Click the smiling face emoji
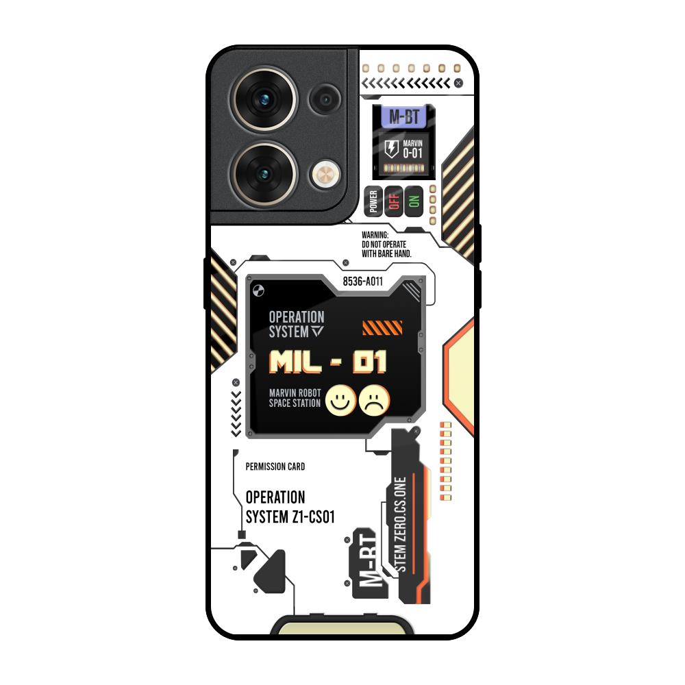click(340, 400)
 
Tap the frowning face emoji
click(375, 400)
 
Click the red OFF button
click(394, 201)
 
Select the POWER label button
click(373, 201)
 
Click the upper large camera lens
click(264, 99)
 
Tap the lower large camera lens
click(264, 175)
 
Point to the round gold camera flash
click(325, 175)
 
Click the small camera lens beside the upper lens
click(325, 99)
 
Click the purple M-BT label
click(404, 116)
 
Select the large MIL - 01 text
click(327, 362)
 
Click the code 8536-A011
click(362, 282)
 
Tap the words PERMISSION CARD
click(275, 466)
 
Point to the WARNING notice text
click(386, 245)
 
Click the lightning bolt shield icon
click(391, 149)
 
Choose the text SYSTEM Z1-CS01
click(290, 516)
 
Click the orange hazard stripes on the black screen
click(382, 328)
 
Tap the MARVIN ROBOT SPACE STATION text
click(295, 398)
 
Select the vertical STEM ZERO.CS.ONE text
click(400, 524)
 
